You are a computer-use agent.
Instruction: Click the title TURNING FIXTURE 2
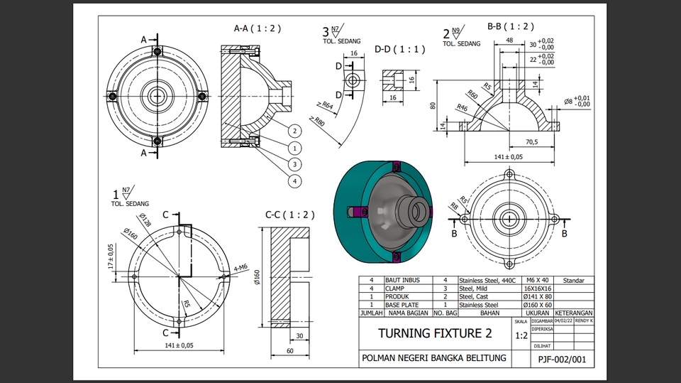(435, 333)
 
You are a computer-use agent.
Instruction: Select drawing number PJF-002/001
(562, 360)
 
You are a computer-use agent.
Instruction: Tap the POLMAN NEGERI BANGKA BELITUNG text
(434, 357)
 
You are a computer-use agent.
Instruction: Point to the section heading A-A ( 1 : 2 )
(258, 28)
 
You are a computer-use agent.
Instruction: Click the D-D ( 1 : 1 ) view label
(399, 49)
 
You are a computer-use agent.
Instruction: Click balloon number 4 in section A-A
(294, 180)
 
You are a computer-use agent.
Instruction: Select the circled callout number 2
(294, 131)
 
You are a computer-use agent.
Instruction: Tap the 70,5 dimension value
(531, 142)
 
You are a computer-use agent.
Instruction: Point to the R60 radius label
(473, 96)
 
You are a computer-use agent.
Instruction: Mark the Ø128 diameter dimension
(145, 220)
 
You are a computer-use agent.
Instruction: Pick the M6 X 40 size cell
(536, 281)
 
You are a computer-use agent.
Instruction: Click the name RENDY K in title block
(583, 321)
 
